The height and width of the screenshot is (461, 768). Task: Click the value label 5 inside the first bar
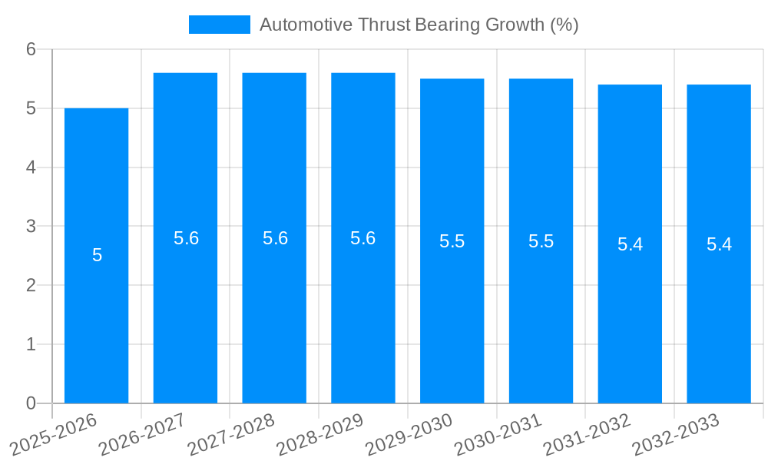click(x=97, y=255)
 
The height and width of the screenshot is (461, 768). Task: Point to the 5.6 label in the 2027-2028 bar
click(x=275, y=238)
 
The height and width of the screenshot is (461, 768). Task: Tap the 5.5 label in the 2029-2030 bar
click(x=452, y=241)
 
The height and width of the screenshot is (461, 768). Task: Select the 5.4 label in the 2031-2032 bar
click(x=630, y=244)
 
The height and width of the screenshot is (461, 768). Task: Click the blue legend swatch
click(x=220, y=25)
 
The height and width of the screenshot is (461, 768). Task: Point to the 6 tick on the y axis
click(x=31, y=49)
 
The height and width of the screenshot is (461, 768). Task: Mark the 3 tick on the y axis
click(x=31, y=227)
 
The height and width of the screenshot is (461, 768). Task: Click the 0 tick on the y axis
click(x=31, y=403)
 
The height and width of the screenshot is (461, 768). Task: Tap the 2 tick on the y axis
click(x=31, y=286)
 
